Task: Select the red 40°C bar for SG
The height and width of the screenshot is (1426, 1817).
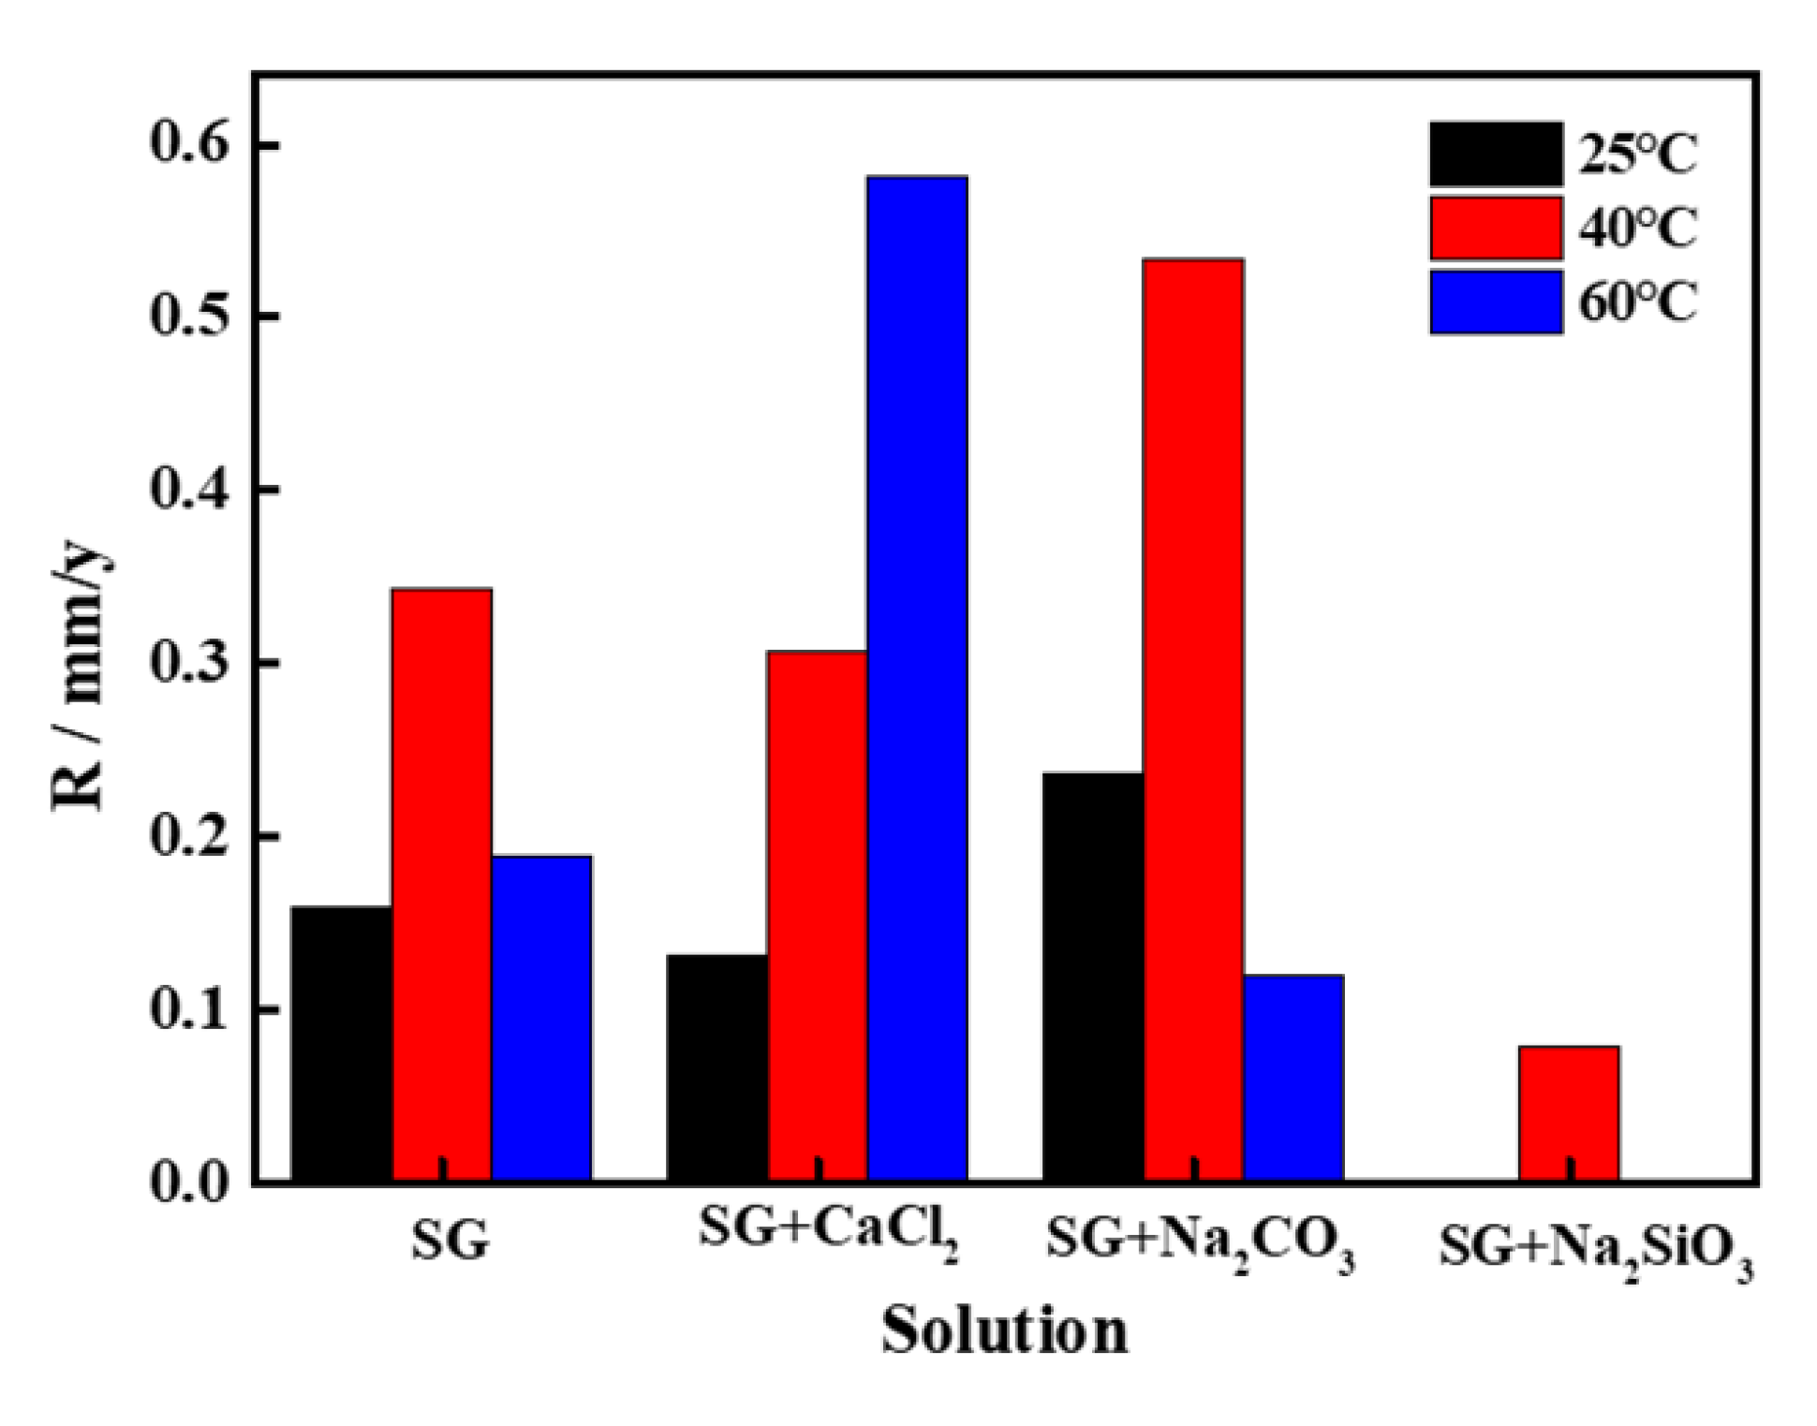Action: (441, 884)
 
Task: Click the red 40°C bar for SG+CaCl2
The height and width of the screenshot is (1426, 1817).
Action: (817, 915)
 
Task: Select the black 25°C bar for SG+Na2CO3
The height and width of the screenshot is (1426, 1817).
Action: (1092, 976)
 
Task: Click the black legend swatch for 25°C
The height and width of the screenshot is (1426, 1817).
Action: (1496, 154)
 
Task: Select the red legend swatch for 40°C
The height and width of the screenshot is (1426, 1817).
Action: (1496, 228)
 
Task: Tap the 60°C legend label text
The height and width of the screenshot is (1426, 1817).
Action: (1638, 302)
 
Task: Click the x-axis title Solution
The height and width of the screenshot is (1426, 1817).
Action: (1004, 1330)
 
